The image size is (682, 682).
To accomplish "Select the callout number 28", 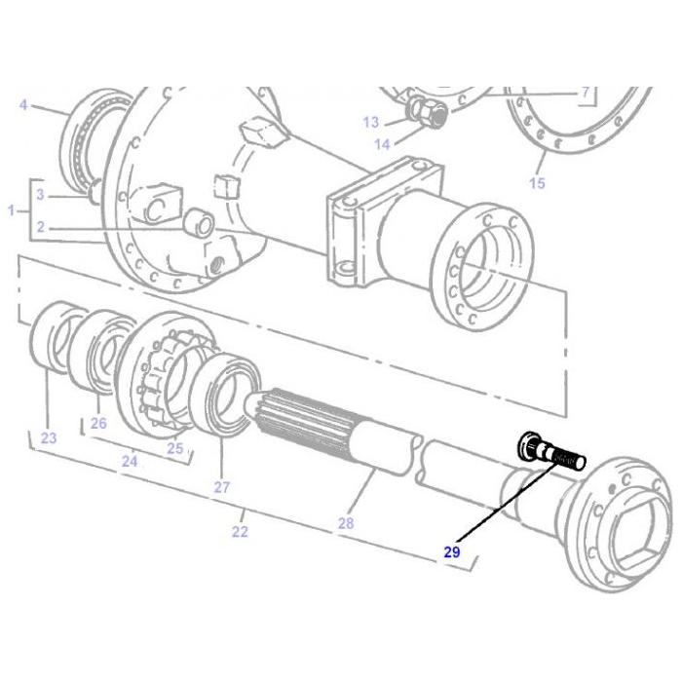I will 346,523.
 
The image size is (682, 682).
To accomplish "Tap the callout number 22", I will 240,531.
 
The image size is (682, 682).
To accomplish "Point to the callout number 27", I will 221,487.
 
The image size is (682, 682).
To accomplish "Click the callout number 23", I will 48,437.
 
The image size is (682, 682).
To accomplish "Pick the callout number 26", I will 98,423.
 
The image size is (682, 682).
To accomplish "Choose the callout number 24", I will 130,461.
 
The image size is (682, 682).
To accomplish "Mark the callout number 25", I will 175,448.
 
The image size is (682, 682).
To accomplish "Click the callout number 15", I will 538,183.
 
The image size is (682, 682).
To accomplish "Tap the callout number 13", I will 371,122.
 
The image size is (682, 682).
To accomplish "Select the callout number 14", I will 383,144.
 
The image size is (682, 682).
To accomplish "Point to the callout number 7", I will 587,94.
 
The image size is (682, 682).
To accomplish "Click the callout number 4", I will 23,103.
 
